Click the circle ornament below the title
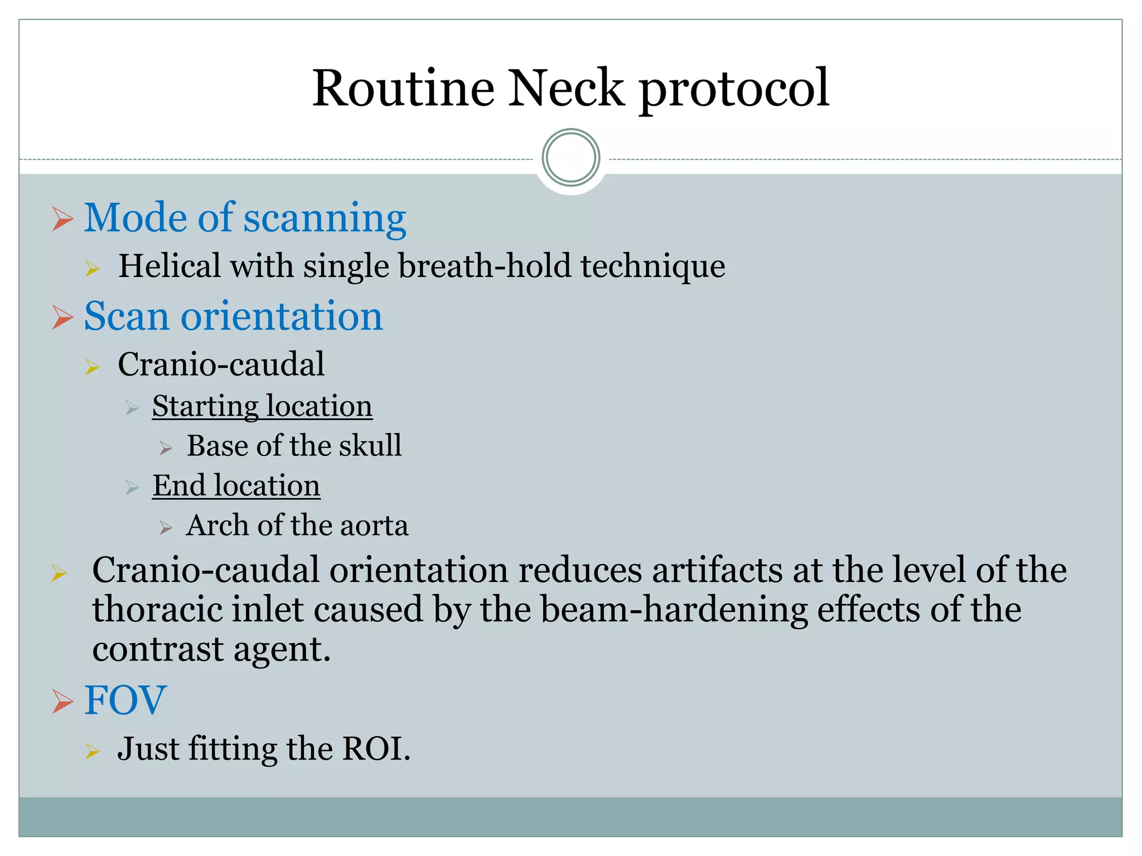coord(570,158)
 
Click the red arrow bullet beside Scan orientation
coord(62,317)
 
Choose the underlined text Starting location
coord(262,406)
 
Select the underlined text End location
coord(236,485)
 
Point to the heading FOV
coord(125,700)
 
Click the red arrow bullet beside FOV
coord(62,701)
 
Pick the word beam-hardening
coord(674,609)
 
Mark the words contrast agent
coord(211,649)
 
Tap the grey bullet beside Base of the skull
coord(166,448)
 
